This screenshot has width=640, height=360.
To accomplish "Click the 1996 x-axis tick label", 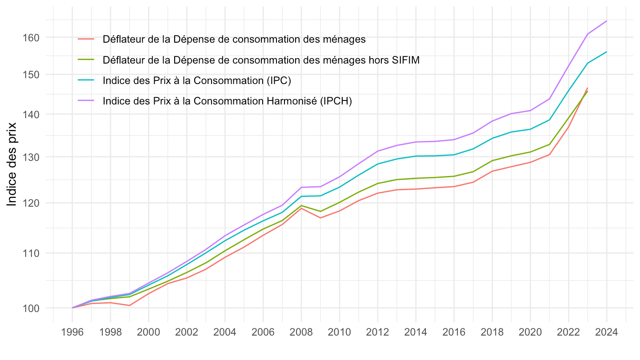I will [x=72, y=333].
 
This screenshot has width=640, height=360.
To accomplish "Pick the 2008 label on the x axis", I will [x=301, y=333].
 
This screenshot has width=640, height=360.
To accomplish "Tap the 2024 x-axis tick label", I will [x=606, y=333].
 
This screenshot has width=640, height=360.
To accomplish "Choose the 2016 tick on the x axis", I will [x=454, y=333].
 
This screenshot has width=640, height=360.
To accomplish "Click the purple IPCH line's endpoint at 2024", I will [x=606, y=21].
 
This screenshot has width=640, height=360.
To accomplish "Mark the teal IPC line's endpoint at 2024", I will [x=606, y=52].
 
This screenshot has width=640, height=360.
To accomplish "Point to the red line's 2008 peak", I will [x=301, y=208].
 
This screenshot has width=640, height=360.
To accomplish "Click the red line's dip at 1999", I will [x=129, y=305].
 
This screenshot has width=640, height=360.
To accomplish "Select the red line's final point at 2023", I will [x=588, y=88].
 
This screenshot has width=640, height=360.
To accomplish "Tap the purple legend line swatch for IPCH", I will [x=86, y=101].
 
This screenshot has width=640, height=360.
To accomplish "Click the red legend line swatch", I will [x=86, y=39].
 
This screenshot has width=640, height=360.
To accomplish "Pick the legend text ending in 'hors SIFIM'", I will [x=261, y=60].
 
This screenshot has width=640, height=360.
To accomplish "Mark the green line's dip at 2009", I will [x=320, y=211].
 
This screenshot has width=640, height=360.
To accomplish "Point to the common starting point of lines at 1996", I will [x=72, y=308].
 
